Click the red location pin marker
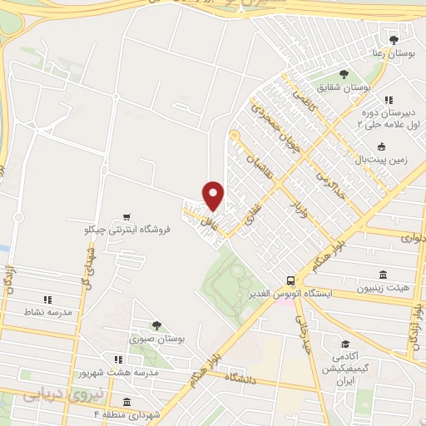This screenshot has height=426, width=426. point(214,195)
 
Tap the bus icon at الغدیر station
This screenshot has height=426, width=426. point(290,280)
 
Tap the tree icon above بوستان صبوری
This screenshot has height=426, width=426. point(156,325)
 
